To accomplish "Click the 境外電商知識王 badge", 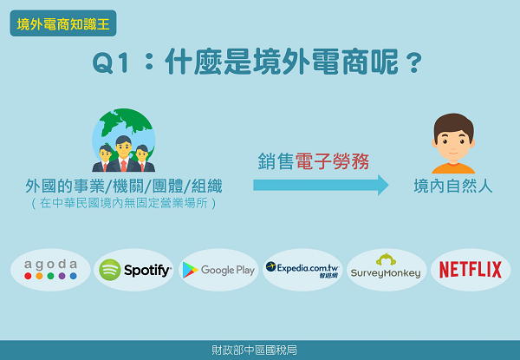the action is tap(63, 23).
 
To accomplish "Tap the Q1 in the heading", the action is tap(110, 62).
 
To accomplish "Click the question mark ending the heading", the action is tap(414, 62).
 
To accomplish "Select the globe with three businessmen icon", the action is tap(123, 140).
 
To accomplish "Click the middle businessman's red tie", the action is tap(123, 165).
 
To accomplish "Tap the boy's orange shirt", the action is tap(453, 168).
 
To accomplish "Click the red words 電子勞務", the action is tap(332, 161).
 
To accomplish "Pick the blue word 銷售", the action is tap(276, 161).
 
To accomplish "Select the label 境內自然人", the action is tap(453, 186).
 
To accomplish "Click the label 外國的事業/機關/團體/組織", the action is tap(124, 186).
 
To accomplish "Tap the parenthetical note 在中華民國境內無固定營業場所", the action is tap(124, 203).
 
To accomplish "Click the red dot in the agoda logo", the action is tap(29, 276).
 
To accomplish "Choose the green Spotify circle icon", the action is tap(110, 270).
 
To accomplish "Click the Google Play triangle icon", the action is tap(190, 270).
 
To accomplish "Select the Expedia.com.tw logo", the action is tap(302, 270).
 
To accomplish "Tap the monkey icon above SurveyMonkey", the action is tap(386, 259).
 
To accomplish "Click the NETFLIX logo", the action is tap(471, 270).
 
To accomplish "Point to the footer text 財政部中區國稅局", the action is tap(254, 350).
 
